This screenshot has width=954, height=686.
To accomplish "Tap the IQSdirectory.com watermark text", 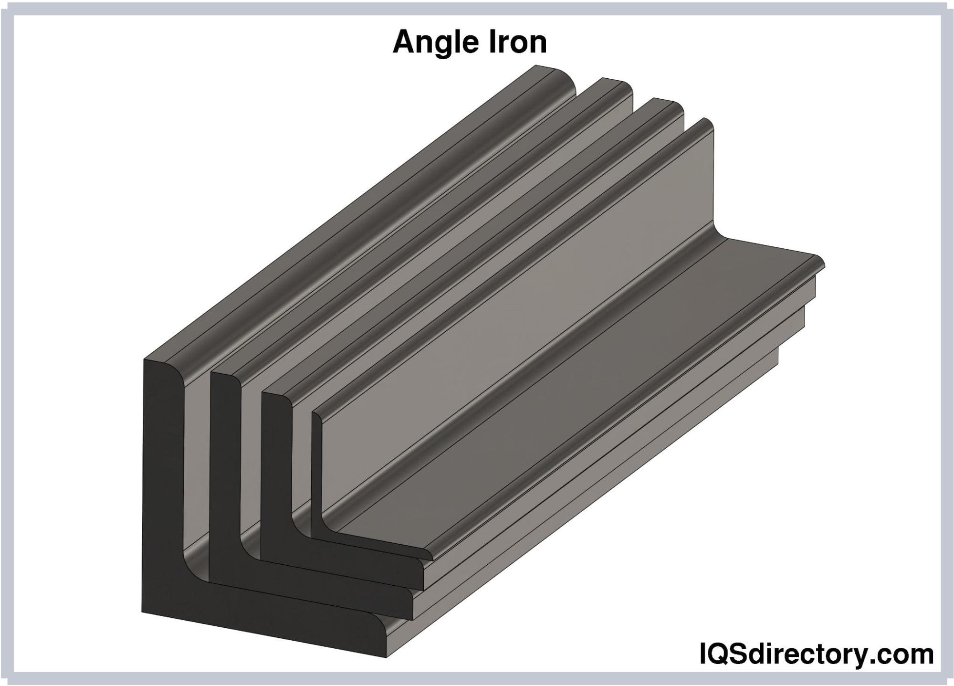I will [x=816, y=654].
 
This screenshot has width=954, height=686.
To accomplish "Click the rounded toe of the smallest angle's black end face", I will [x=429, y=554].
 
